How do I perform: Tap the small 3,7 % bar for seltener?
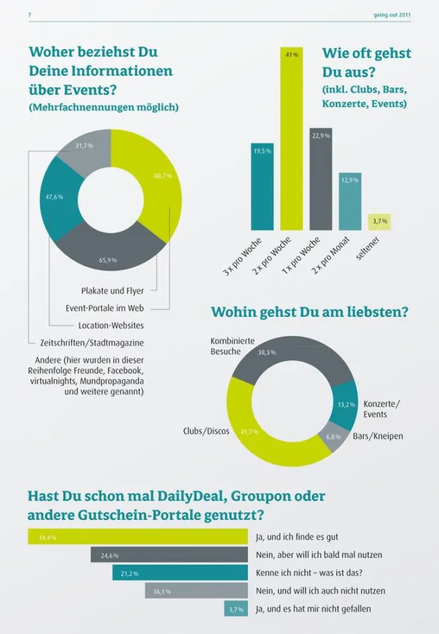click(x=379, y=223)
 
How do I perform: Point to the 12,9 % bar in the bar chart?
click(x=350, y=201)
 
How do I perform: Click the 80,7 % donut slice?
click(x=159, y=180)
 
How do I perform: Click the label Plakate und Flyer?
click(x=112, y=290)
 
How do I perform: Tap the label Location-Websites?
click(x=111, y=325)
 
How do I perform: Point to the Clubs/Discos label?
click(x=206, y=431)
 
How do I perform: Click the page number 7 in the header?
click(x=29, y=14)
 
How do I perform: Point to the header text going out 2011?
click(x=392, y=14)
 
